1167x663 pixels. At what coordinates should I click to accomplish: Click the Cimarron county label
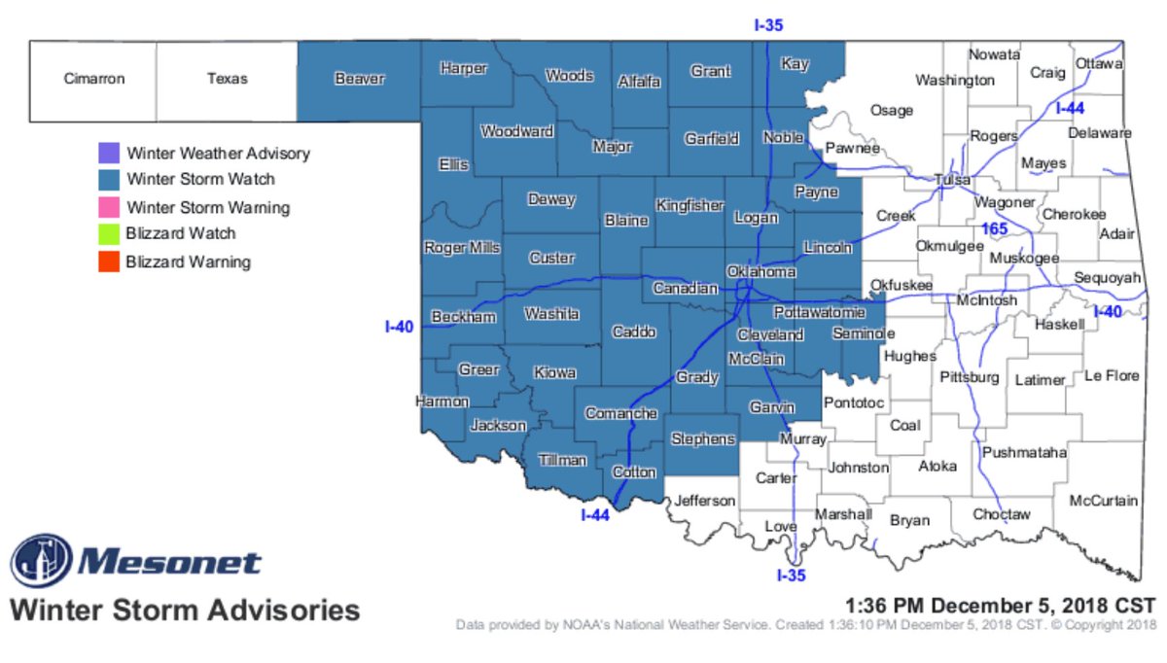tap(94, 79)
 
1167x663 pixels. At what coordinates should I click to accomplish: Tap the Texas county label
tap(227, 79)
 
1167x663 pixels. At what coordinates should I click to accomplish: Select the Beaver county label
tap(360, 79)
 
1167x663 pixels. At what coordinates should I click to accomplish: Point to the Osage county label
tap(891, 110)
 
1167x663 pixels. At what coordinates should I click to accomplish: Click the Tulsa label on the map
tap(952, 181)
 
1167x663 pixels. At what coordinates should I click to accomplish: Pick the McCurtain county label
tap(1103, 501)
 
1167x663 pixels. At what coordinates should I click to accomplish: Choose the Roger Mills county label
tap(462, 248)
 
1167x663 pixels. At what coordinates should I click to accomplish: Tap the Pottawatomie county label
tap(819, 313)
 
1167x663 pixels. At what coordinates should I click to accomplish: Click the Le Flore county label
tap(1112, 374)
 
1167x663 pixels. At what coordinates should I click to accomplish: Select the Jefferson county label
tap(705, 501)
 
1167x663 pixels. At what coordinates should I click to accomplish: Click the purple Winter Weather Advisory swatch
tap(109, 154)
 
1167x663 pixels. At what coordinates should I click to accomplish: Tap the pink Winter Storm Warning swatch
tap(109, 207)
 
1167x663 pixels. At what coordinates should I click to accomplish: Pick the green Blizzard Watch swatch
tap(109, 233)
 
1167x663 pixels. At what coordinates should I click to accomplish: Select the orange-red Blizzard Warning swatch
tap(109, 262)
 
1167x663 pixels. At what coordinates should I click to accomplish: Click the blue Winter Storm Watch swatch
tap(109, 180)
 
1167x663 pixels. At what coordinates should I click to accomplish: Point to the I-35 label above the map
tap(768, 26)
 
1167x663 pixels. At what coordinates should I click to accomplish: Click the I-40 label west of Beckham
tap(400, 328)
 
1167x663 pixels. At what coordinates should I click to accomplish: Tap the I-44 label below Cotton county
tap(594, 515)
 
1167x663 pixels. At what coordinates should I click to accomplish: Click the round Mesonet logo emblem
tap(41, 562)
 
